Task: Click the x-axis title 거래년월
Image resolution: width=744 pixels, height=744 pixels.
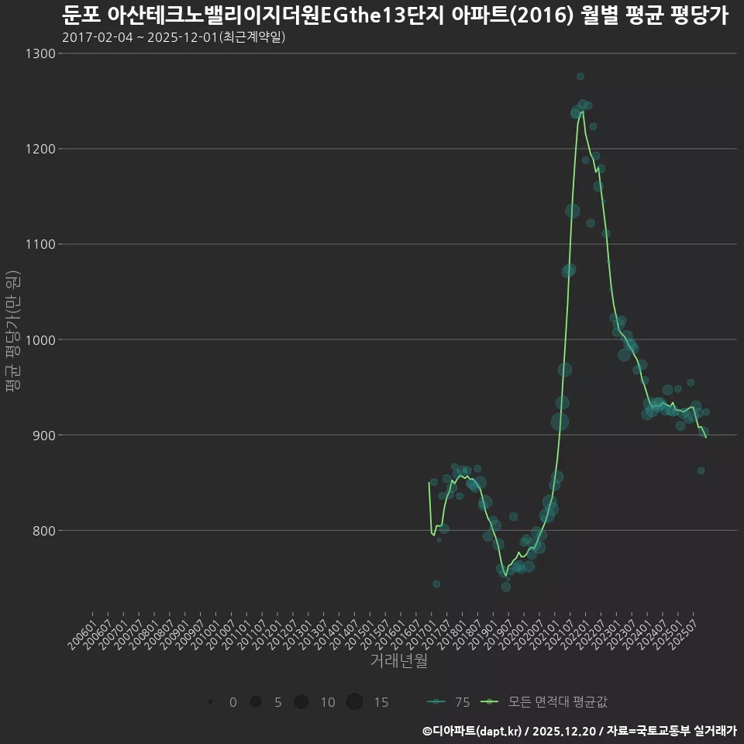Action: [x=398, y=661]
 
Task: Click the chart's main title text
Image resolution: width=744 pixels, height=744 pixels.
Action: [x=394, y=15]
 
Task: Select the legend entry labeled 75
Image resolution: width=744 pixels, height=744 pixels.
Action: [x=449, y=702]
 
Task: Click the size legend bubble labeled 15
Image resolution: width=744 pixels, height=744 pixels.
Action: [x=354, y=702]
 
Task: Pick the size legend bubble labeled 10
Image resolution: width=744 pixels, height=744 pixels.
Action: [x=301, y=702]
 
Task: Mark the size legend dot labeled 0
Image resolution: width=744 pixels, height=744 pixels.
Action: [x=211, y=702]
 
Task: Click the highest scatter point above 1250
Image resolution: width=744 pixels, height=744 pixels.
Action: [x=580, y=76]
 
